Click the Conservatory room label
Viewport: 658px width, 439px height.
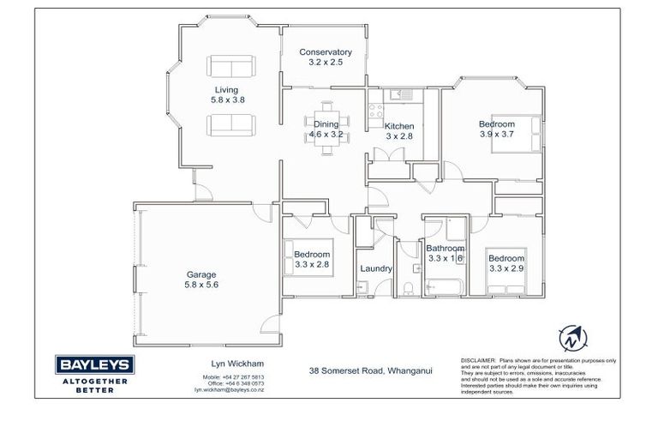point(325,52)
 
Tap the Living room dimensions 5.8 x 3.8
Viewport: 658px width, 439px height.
point(227,100)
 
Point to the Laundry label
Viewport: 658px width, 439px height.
point(376,268)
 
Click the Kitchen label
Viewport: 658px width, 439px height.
point(399,126)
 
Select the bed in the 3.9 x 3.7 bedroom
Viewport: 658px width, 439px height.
point(518,135)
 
